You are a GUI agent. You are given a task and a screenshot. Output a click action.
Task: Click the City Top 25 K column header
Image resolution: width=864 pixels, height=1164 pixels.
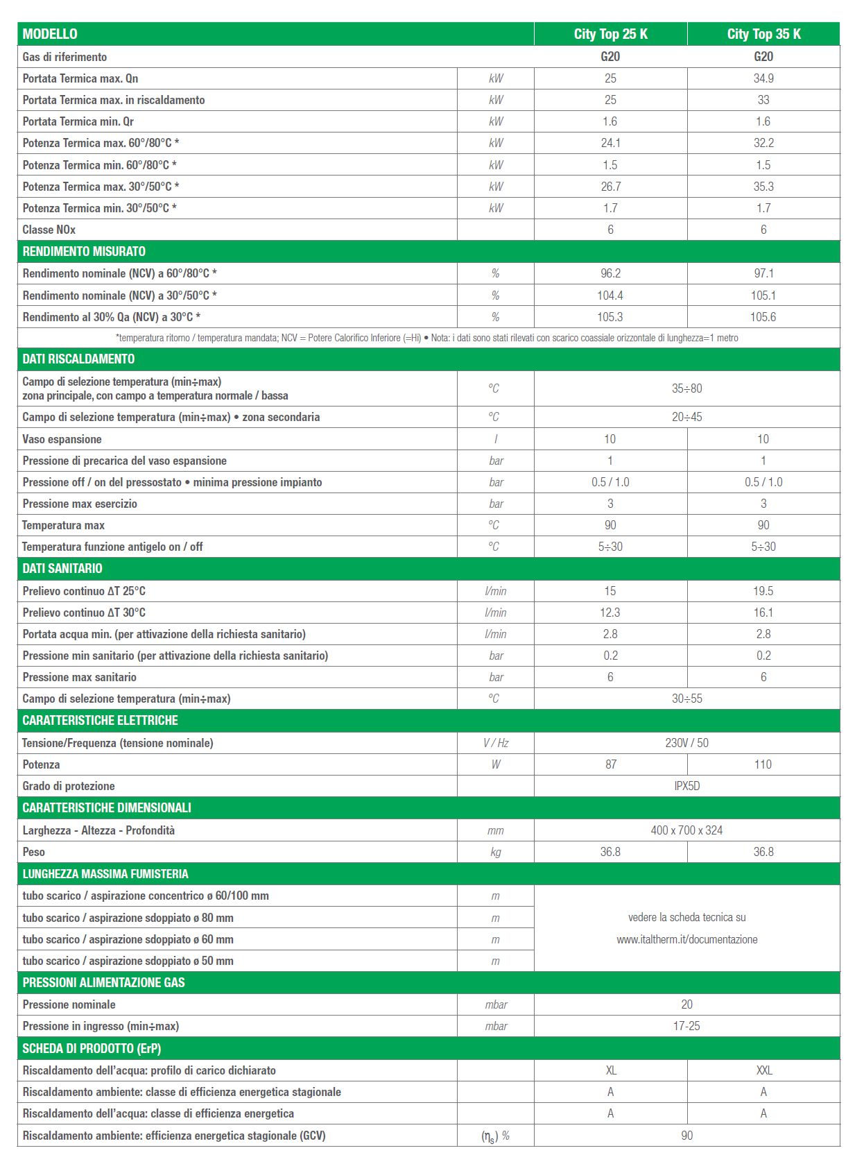pos(610,34)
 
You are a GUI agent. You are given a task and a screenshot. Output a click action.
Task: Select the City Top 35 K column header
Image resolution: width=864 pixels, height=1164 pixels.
pos(763,34)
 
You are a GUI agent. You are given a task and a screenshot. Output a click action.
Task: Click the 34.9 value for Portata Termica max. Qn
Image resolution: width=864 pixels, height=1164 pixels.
pos(763,78)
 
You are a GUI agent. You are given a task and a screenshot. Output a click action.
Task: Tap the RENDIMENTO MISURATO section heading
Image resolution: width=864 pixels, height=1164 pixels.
pos(84,251)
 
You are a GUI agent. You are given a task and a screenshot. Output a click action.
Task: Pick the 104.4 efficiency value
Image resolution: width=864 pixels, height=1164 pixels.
pos(610,296)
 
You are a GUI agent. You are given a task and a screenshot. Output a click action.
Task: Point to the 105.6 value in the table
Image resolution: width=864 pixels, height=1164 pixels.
pos(763,317)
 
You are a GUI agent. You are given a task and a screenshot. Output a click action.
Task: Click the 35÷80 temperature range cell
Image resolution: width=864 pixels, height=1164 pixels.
pos(686,388)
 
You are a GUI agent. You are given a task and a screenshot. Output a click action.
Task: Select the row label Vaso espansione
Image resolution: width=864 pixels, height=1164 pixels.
pos(62,439)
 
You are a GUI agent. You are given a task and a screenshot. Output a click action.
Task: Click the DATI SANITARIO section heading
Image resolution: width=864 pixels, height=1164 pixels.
pos(62,568)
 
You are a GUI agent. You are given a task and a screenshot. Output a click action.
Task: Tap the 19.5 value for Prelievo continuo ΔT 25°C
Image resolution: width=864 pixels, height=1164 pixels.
pos(763,591)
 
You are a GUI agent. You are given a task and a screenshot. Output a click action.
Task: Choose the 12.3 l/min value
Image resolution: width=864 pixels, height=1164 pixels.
pos(610,613)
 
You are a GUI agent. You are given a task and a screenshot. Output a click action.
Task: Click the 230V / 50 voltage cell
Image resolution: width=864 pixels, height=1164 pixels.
pos(686,743)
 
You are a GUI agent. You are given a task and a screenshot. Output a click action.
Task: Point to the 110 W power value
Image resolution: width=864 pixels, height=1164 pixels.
pos(763,764)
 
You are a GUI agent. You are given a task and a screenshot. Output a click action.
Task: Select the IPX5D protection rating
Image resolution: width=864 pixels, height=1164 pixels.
pos(686,786)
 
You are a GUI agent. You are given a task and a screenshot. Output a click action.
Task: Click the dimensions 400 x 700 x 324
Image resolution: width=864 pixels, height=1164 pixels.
pos(686,830)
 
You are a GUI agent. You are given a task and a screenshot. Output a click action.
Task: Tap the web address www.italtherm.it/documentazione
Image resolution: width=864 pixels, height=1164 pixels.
pos(686,939)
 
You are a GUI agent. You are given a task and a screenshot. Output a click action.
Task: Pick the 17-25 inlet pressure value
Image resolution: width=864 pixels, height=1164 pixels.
pos(686,1026)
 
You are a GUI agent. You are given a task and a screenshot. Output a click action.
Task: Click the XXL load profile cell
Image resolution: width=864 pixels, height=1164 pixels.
pos(763,1070)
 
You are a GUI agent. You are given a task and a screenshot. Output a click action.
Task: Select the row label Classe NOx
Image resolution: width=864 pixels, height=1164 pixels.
pos(49,230)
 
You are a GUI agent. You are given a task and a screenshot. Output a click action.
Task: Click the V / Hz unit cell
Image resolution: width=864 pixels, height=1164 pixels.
pos(496,743)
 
